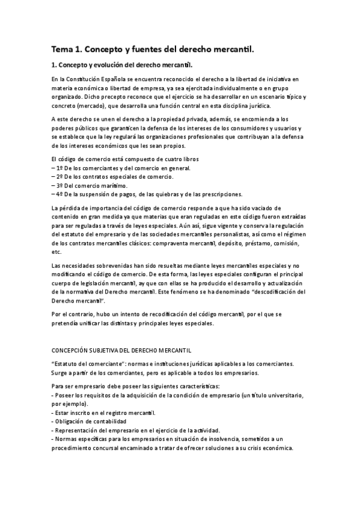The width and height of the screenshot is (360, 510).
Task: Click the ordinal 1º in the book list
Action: coord(59,168)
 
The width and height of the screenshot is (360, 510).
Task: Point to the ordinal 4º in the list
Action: coord(59,194)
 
